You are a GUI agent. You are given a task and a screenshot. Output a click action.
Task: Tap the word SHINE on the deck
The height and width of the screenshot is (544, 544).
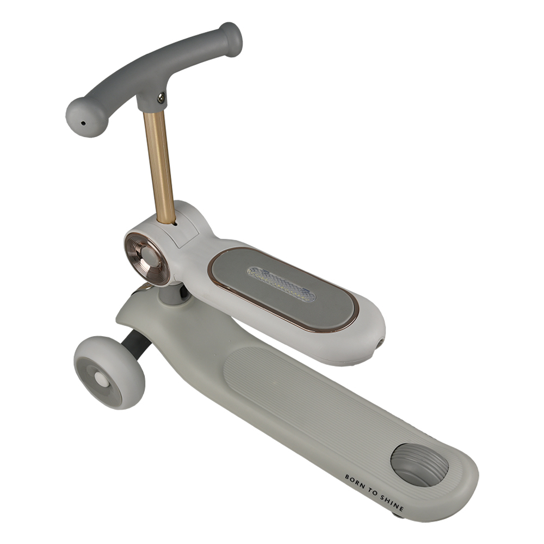[392, 502]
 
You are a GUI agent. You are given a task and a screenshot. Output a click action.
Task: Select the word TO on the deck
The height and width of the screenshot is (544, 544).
[373, 492]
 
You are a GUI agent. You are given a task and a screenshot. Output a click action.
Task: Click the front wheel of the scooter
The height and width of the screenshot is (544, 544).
[109, 372]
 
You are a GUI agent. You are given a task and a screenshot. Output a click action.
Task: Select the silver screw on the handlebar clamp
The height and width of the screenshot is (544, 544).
[161, 98]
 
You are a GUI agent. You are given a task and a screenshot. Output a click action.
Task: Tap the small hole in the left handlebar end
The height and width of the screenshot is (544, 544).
[83, 123]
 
